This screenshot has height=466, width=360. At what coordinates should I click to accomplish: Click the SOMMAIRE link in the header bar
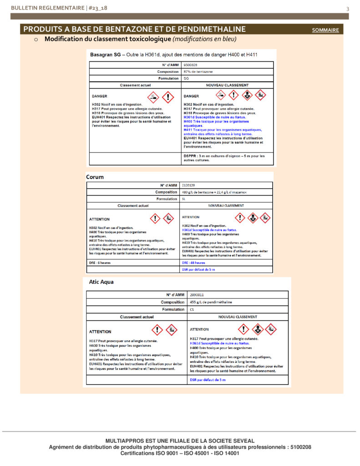click(x=325, y=30)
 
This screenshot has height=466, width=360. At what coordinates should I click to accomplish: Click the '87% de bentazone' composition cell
click(x=198, y=71)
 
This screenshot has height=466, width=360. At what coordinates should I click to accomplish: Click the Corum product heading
click(x=95, y=177)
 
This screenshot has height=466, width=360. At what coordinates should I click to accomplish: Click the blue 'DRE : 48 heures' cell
click(x=194, y=263)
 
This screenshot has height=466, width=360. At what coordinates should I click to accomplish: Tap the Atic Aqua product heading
click(x=101, y=282)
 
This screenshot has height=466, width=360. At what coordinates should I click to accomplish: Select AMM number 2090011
click(x=197, y=295)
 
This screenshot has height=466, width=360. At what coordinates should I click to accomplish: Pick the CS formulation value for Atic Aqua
click(x=192, y=309)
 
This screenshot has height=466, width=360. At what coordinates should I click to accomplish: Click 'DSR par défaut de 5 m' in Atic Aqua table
click(x=208, y=380)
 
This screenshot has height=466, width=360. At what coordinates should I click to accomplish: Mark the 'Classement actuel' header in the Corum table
click(x=133, y=206)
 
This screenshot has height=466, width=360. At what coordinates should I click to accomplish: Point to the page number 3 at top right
click(x=347, y=9)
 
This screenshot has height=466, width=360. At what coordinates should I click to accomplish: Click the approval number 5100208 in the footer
click(x=300, y=447)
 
